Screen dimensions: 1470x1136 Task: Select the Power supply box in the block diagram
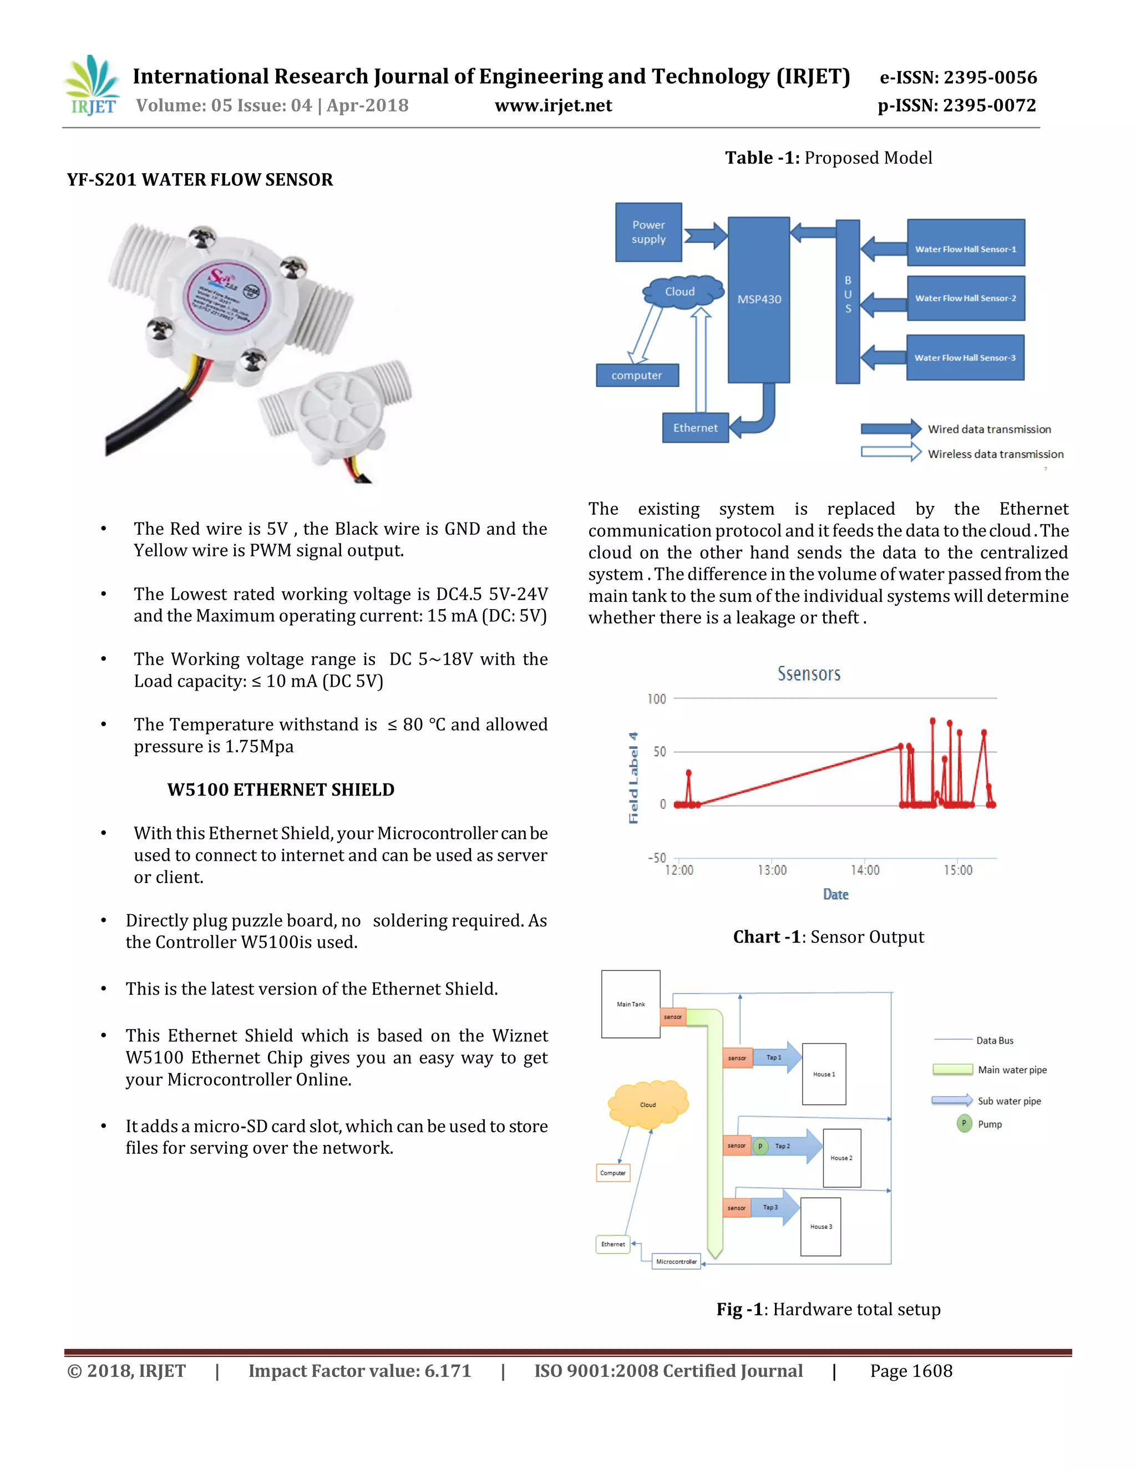(648, 232)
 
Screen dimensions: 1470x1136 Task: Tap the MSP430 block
(758, 300)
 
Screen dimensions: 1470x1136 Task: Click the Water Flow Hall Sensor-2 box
(965, 298)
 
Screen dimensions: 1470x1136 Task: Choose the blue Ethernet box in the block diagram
(695, 428)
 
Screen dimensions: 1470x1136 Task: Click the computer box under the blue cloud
(637, 376)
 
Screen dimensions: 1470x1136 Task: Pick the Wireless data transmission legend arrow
(890, 453)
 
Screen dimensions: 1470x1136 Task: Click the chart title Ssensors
(809, 674)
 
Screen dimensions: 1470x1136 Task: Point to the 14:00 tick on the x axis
(865, 870)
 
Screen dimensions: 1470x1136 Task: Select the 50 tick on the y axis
(660, 752)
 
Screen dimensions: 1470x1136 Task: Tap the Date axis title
(835, 895)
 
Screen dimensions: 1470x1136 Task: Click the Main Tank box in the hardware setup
(631, 1004)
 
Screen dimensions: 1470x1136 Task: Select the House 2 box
(841, 1158)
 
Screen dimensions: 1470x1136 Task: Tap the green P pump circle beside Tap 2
(760, 1146)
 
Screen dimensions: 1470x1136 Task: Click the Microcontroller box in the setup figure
(676, 1261)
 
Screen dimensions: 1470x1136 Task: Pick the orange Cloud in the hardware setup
(647, 1104)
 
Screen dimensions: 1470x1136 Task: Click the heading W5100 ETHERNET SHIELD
(281, 789)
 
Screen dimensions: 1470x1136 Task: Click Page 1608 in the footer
(911, 1371)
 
